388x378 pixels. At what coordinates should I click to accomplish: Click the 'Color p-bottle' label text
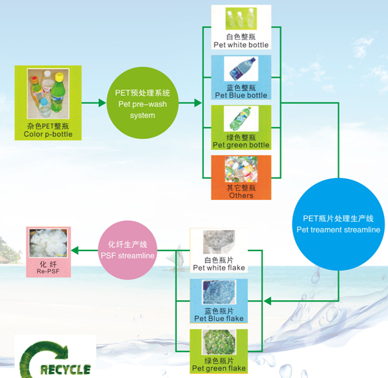[x=48, y=134]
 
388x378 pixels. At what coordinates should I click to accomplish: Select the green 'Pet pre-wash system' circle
[x=143, y=103]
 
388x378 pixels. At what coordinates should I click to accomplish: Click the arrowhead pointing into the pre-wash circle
[x=102, y=103]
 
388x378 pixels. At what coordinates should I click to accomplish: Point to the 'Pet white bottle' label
[x=241, y=45]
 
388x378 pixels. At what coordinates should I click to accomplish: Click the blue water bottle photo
[x=241, y=68]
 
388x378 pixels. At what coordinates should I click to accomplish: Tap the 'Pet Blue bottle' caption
[x=241, y=95]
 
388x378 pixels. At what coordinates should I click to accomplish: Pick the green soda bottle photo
[x=241, y=118]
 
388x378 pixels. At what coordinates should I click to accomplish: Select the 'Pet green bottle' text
[x=241, y=145]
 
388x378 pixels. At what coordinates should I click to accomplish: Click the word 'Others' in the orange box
[x=241, y=195]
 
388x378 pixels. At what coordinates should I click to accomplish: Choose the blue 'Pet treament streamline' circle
[x=338, y=224]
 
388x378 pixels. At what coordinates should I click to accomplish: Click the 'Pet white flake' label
[x=219, y=268]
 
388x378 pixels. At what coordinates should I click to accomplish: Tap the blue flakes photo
[x=219, y=292]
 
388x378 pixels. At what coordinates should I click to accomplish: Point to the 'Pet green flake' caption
[x=219, y=368]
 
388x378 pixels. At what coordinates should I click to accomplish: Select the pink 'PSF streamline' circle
[x=128, y=250]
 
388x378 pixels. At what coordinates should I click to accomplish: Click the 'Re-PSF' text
[x=48, y=272]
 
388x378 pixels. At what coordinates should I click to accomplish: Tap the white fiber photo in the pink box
[x=48, y=243]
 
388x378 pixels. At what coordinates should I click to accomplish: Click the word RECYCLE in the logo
[x=65, y=369]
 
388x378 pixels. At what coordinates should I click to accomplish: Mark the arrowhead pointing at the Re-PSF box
[x=75, y=250]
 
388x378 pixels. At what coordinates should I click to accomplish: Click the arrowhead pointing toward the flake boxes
[x=268, y=301]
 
